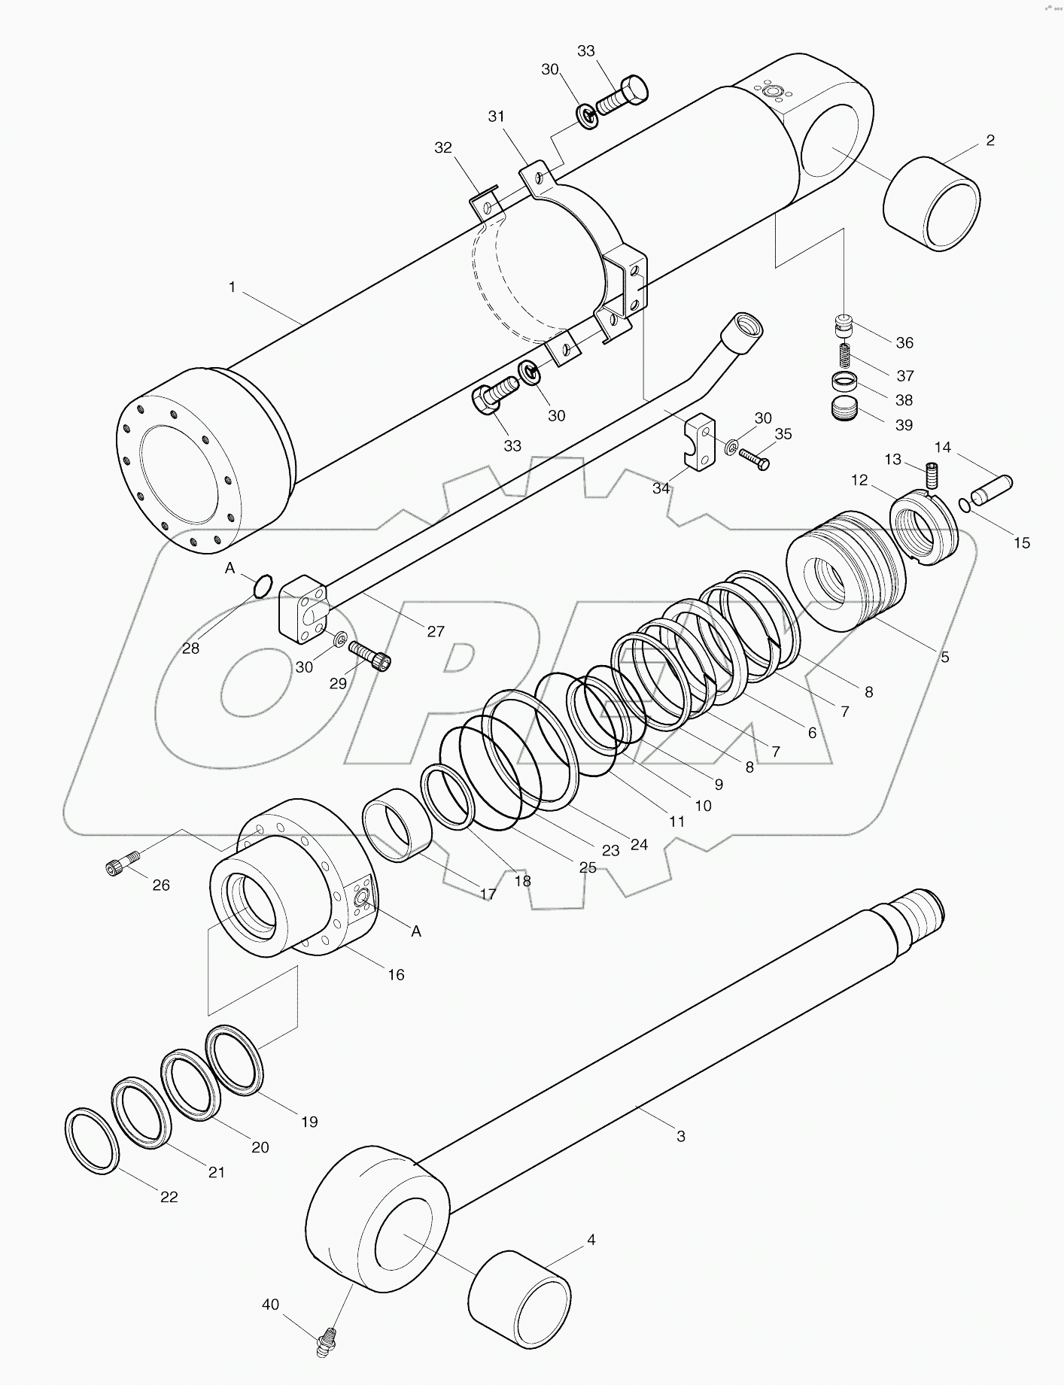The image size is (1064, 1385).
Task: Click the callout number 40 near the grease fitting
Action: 270,1305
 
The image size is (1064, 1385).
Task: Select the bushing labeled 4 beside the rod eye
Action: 518,1298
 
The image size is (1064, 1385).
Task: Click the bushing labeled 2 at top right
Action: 932,204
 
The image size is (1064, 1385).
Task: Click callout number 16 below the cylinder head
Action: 396,975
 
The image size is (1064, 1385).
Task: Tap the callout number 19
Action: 309,1122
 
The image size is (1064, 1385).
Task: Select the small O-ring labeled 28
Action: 262,585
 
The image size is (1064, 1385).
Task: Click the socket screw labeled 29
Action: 371,653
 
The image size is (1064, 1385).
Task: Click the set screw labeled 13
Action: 932,475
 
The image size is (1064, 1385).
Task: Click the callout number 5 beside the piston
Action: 944,657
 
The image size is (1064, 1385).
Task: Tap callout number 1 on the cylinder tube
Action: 233,287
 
